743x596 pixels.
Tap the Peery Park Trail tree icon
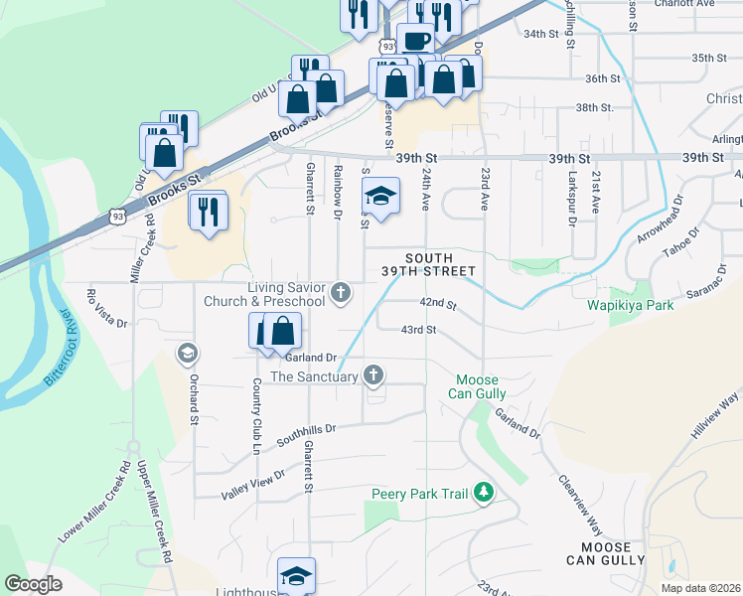pyautogui.click(x=484, y=493)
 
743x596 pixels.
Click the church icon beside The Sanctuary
pyautogui.click(x=373, y=375)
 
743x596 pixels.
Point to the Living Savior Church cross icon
pyautogui.click(x=342, y=292)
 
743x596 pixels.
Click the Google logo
pyautogui.click(x=33, y=584)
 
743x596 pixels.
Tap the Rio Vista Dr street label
pyautogui.click(x=107, y=308)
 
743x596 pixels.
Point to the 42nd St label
pyautogui.click(x=437, y=303)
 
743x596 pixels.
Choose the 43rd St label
pyautogui.click(x=418, y=330)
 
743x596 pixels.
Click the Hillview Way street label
pyautogui.click(x=716, y=412)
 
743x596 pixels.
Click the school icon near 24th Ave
pyautogui.click(x=379, y=196)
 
